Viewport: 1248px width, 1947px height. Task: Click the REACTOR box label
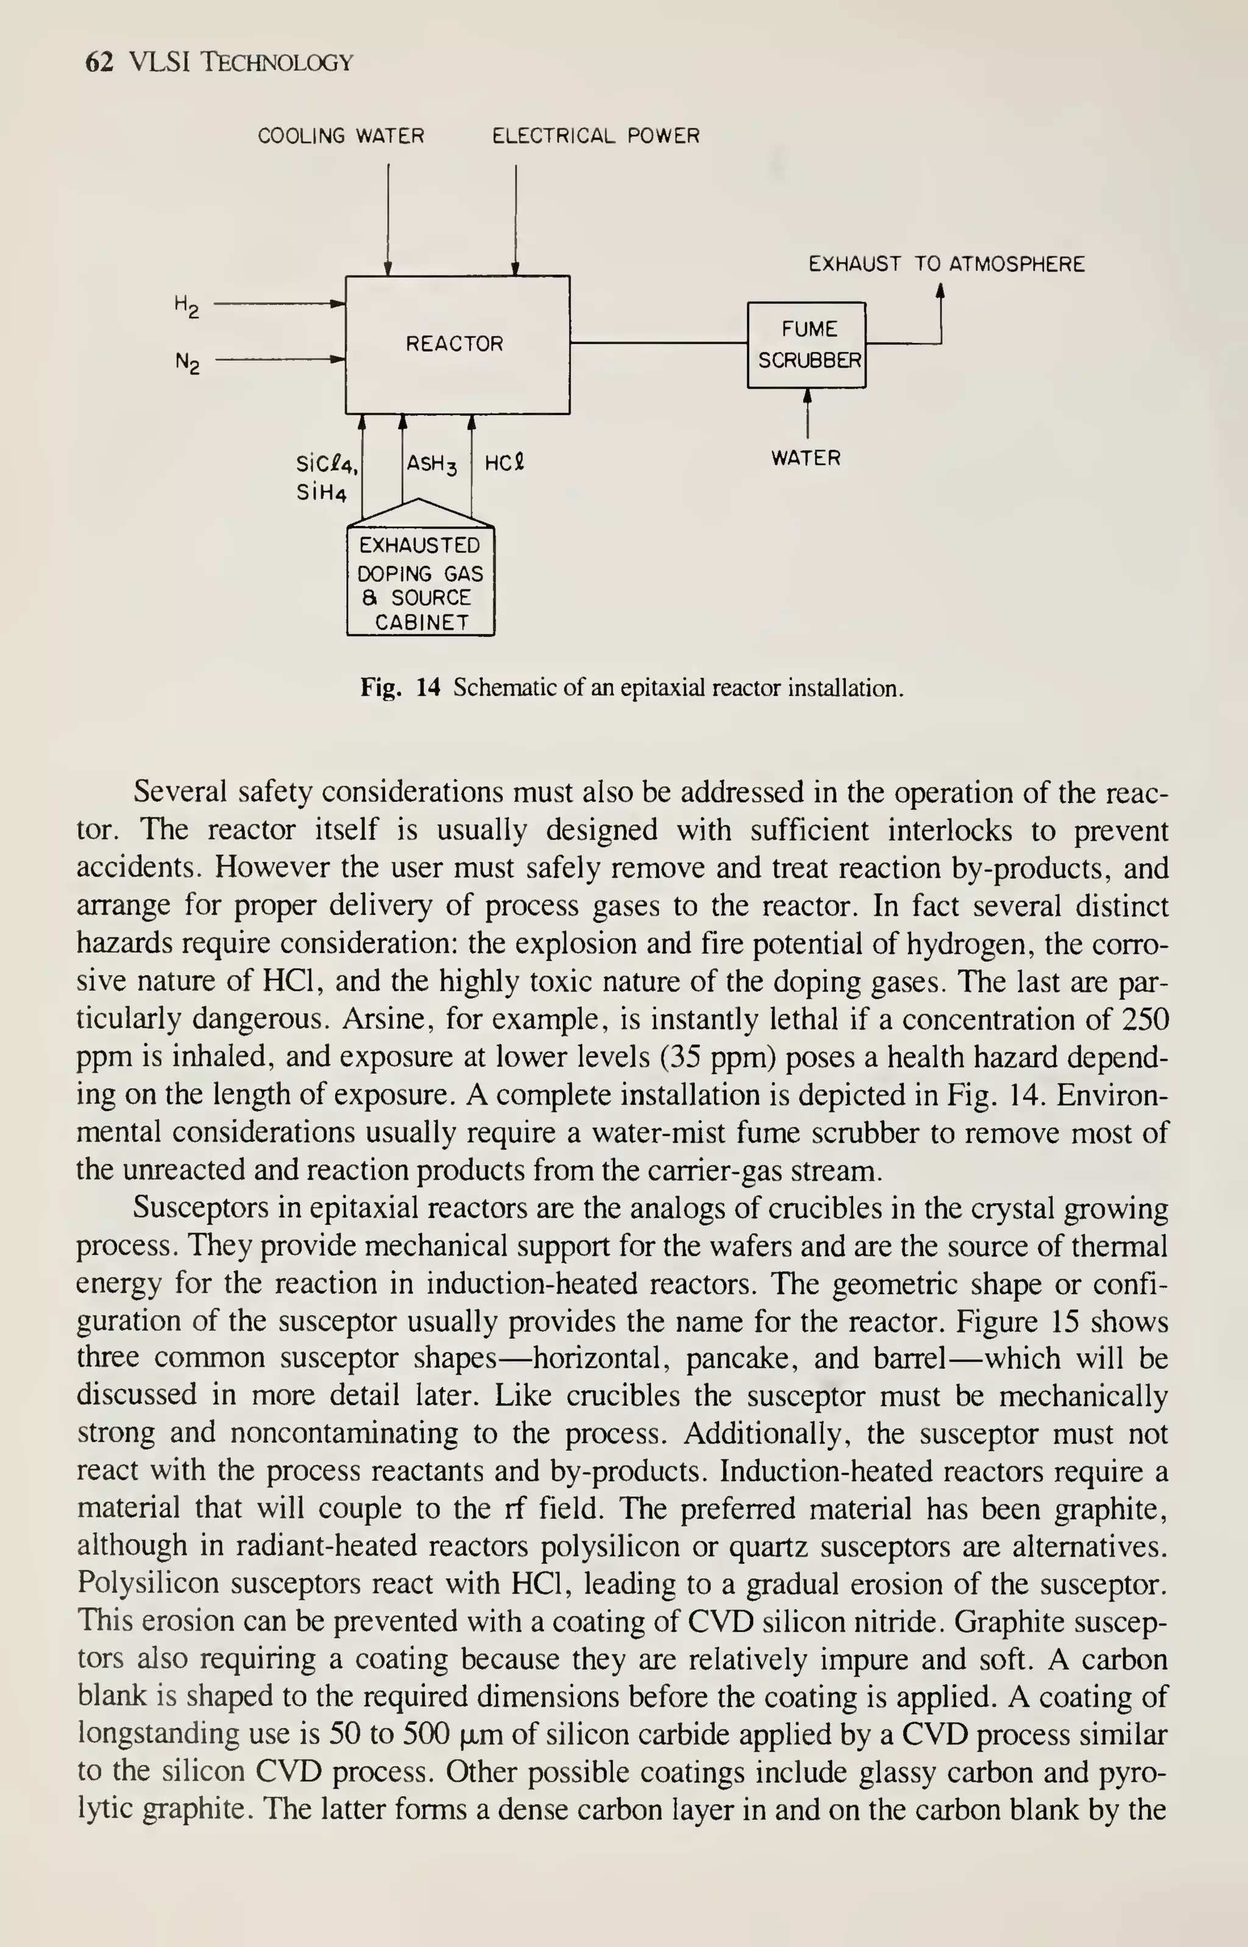pos(454,344)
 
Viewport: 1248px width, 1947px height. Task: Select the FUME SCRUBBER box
pos(806,344)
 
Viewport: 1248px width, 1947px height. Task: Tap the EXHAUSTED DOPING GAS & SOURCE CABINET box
pos(420,583)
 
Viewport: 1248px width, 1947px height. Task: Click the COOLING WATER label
pos(341,135)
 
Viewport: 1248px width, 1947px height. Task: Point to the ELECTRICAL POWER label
pos(595,135)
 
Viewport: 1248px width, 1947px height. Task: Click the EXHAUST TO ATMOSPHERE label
pos(946,264)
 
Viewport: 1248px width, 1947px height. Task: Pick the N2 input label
pos(187,361)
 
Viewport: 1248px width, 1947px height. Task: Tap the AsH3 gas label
pos(431,465)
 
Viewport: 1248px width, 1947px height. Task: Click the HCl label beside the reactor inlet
pos(504,464)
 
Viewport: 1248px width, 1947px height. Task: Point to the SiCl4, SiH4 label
pos(327,479)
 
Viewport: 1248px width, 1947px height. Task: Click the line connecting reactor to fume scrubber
pos(658,343)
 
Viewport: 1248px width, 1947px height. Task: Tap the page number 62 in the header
pos(99,62)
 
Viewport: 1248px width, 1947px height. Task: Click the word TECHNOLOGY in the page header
pos(276,62)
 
